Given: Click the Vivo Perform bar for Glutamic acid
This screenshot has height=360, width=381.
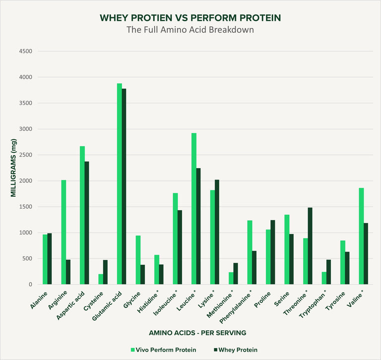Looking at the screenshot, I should click(120, 184).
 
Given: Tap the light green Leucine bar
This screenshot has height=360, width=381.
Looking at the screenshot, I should click(194, 209).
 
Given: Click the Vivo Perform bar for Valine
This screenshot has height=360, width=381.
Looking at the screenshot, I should click(361, 236).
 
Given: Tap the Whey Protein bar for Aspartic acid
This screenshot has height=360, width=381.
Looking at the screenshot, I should click(87, 223).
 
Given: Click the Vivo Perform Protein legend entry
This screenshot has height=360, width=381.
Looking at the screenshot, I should click(163, 350).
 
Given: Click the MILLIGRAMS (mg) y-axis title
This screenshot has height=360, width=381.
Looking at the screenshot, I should click(14, 169).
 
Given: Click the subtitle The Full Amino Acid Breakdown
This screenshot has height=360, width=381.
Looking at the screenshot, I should click(190, 29).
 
